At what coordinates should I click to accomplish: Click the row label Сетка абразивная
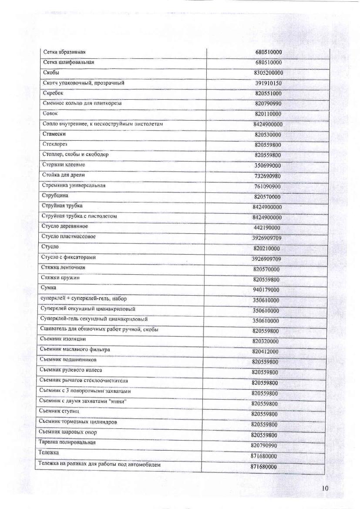click(61, 52)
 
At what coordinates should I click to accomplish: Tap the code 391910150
click(268, 83)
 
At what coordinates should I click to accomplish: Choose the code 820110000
click(268, 114)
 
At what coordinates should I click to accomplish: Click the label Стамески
click(54, 134)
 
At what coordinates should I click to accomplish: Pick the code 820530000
click(268, 135)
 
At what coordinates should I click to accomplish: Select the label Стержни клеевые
click(64, 165)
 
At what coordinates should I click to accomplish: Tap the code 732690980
click(267, 176)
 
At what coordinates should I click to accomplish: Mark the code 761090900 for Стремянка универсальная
click(267, 186)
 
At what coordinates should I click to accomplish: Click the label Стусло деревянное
click(65, 226)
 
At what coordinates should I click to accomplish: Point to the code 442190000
click(266, 228)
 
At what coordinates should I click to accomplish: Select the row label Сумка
click(49, 288)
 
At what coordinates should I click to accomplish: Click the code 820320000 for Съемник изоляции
click(266, 341)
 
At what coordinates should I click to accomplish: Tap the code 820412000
click(265, 351)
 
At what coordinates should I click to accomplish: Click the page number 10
click(325, 488)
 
